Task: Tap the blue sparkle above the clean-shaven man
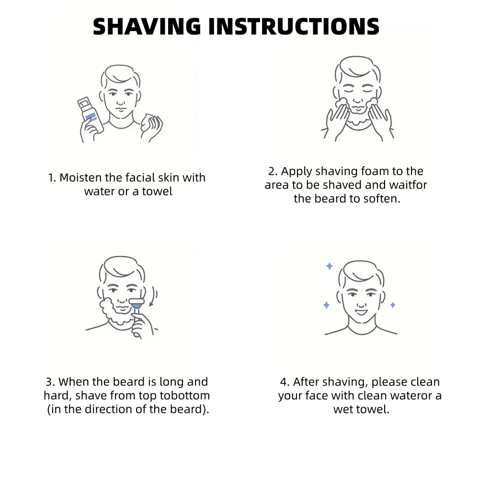[x=330, y=266]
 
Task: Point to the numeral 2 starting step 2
[x=272, y=171]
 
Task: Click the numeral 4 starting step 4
[x=284, y=382]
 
